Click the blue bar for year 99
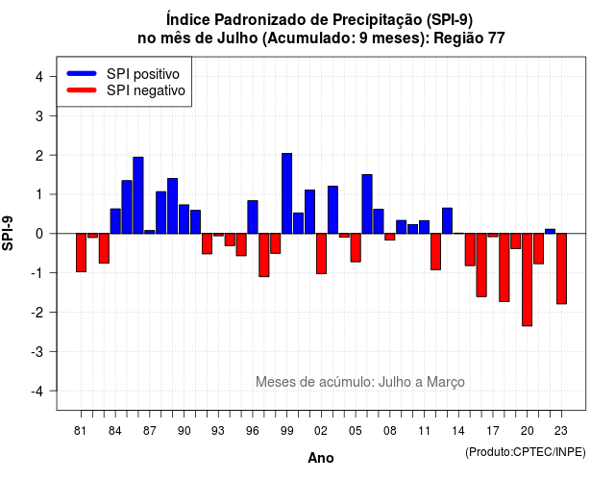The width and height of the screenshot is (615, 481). point(286,193)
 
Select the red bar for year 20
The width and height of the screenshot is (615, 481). point(528,280)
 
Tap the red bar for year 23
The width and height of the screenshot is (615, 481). point(561,268)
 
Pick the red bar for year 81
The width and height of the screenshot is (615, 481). point(81,252)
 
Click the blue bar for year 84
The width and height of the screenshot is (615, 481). point(115,221)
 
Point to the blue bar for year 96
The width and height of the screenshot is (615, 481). point(253,217)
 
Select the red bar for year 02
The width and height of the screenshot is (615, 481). point(321,253)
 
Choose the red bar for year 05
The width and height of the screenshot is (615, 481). point(356,247)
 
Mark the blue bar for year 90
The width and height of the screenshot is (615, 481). point(184,219)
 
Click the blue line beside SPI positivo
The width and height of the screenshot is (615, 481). point(82,73)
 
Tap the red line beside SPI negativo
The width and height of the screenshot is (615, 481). point(82,89)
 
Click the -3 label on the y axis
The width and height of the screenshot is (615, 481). point(37,351)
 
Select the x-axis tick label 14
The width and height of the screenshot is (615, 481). point(458,431)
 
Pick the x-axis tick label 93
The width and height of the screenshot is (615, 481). point(218,431)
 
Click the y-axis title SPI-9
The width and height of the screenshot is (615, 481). point(8,233)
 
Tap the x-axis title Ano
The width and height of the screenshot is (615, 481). point(321,458)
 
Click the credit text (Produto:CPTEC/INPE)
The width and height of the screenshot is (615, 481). point(526,452)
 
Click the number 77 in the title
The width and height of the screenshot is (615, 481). point(497,38)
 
